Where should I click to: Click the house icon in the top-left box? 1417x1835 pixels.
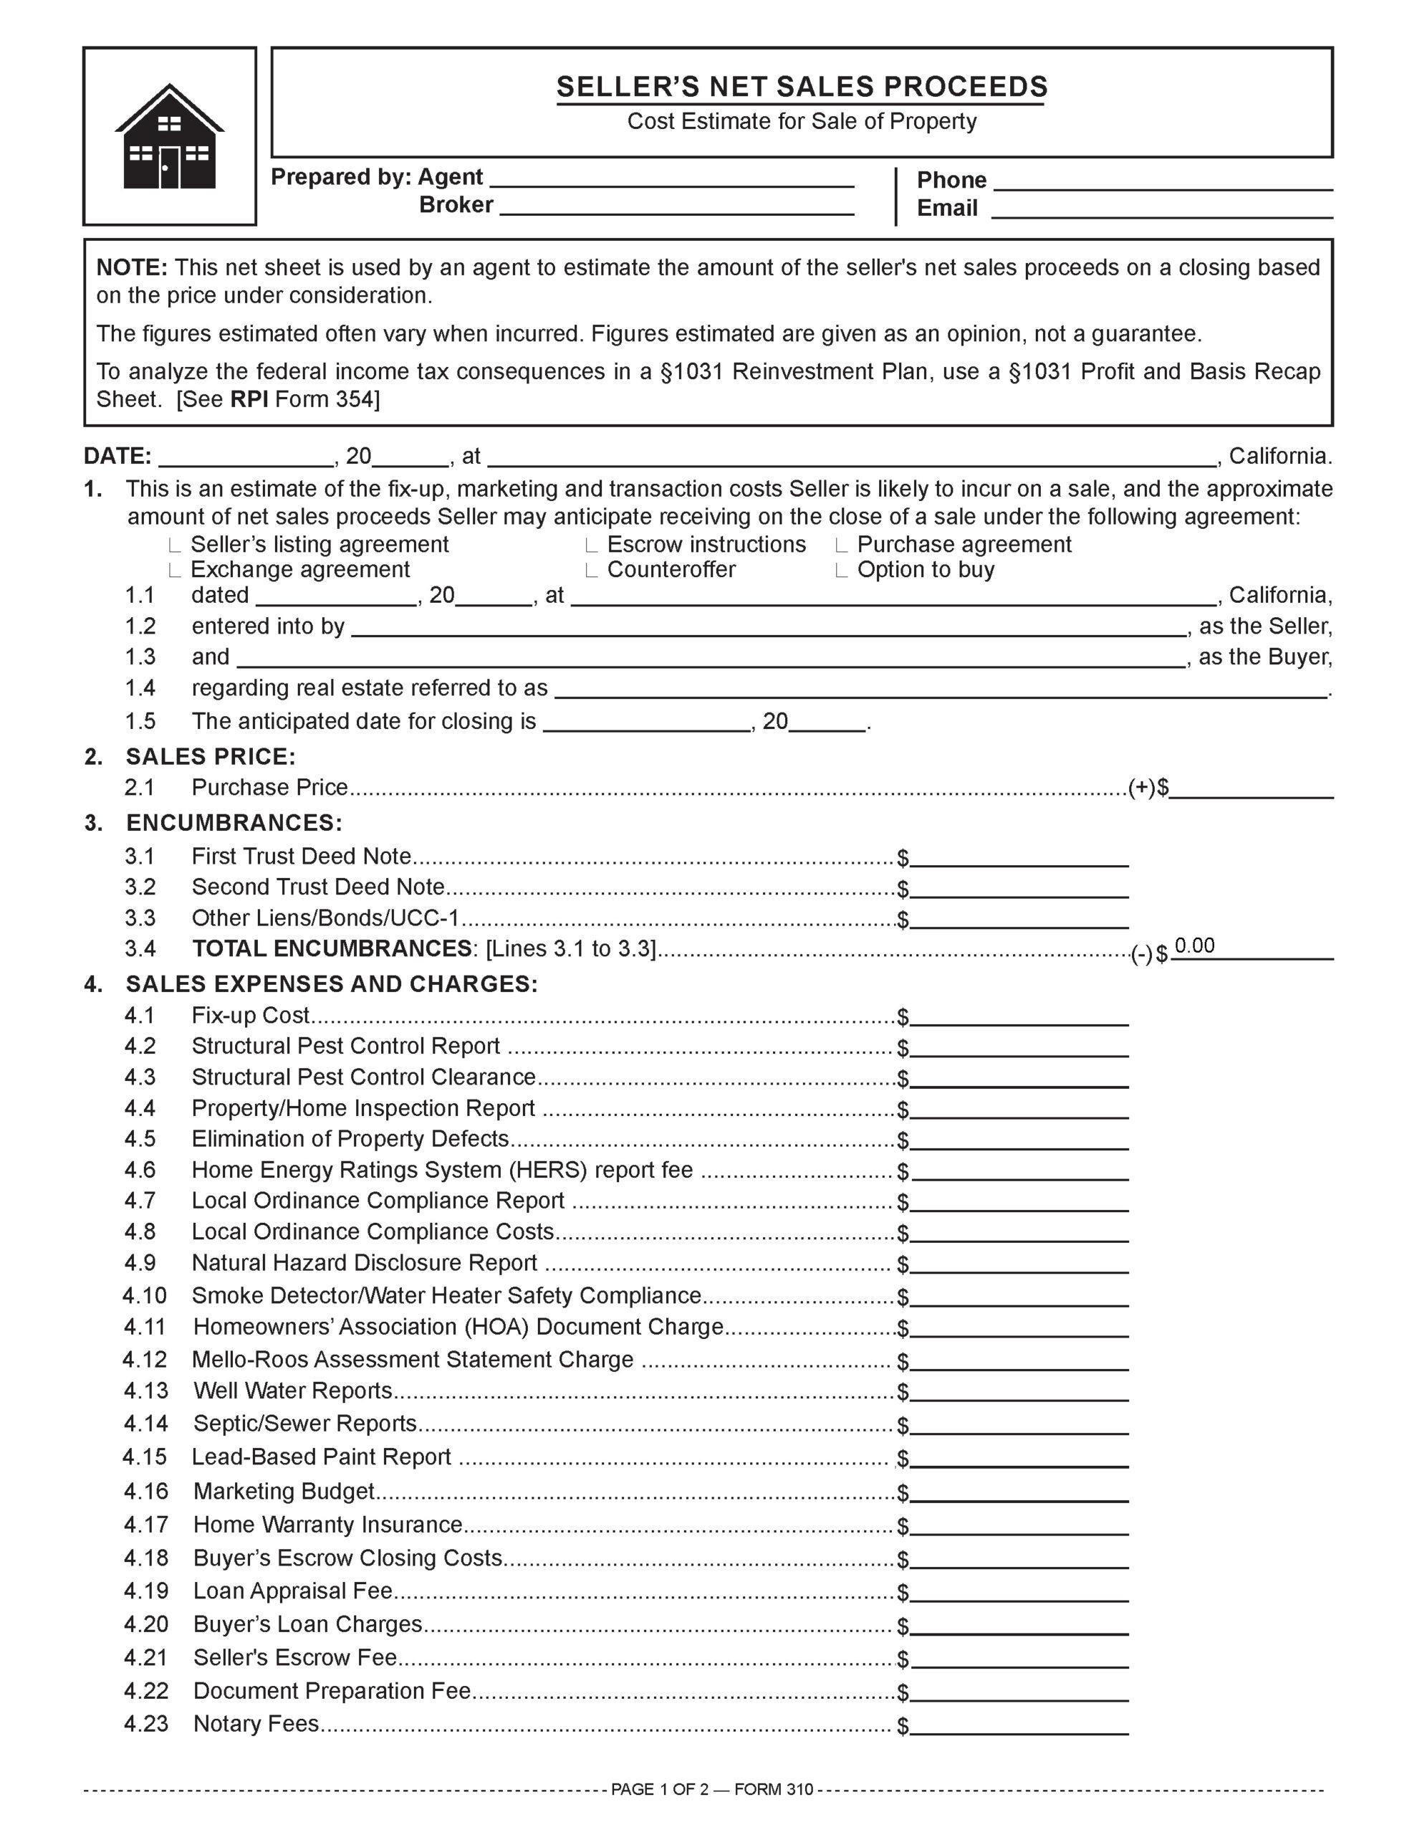pyautogui.click(x=170, y=137)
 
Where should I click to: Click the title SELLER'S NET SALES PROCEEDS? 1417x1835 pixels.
pyautogui.click(x=802, y=87)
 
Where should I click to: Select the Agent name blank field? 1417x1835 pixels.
pyautogui.click(x=671, y=178)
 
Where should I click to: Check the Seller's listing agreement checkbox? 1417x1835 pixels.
pyautogui.click(x=175, y=545)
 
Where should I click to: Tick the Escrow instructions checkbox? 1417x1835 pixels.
pyautogui.click(x=591, y=545)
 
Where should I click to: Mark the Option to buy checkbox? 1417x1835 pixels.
pyautogui.click(x=842, y=571)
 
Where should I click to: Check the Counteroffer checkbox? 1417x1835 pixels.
pyautogui.click(x=591, y=571)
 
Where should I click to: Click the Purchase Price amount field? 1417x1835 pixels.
pyautogui.click(x=1251, y=788)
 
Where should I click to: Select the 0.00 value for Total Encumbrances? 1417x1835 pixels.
pyautogui.click(x=1194, y=946)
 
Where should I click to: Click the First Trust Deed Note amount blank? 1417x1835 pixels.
pyautogui.click(x=1019, y=857)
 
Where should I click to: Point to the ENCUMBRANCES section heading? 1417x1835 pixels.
pyautogui.click(x=234, y=823)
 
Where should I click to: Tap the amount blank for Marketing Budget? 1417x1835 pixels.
pyautogui.click(x=1019, y=1492)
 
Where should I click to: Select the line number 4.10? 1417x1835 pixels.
pyautogui.click(x=145, y=1295)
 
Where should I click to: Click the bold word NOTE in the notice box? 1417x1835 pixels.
pyautogui.click(x=132, y=267)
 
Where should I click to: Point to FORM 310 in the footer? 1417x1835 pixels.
pyautogui.click(x=774, y=1789)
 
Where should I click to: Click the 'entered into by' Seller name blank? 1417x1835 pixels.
pyautogui.click(x=768, y=626)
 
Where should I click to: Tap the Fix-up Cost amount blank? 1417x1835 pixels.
pyautogui.click(x=1019, y=1016)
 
